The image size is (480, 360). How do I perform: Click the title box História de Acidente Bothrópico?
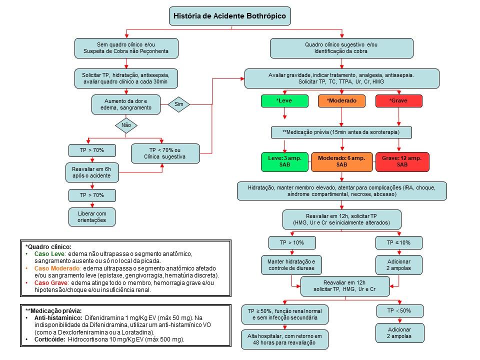click(230, 16)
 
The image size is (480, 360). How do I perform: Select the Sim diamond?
click(179, 104)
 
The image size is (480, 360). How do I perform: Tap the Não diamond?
click(126, 125)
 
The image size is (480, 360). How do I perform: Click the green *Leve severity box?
click(284, 100)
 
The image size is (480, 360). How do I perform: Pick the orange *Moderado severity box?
click(341, 100)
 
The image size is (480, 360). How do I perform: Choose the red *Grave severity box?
click(399, 100)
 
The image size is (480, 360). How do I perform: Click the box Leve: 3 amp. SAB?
click(284, 161)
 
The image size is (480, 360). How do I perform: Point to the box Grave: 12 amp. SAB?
click(402, 161)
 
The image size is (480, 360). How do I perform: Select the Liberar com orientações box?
click(92, 217)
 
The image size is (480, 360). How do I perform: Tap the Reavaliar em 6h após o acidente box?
click(92, 172)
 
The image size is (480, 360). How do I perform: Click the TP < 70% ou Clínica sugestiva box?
click(165, 153)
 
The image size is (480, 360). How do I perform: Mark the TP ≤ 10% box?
click(399, 243)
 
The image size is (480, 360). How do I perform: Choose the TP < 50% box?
click(399, 310)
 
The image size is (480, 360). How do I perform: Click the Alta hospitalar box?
click(284, 339)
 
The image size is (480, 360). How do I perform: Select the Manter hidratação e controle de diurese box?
click(291, 265)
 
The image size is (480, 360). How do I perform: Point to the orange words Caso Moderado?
click(57, 268)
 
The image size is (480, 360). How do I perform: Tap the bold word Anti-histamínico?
click(58, 318)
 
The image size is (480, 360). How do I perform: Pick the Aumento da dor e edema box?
click(126, 104)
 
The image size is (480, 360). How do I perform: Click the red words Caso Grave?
click(51, 283)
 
